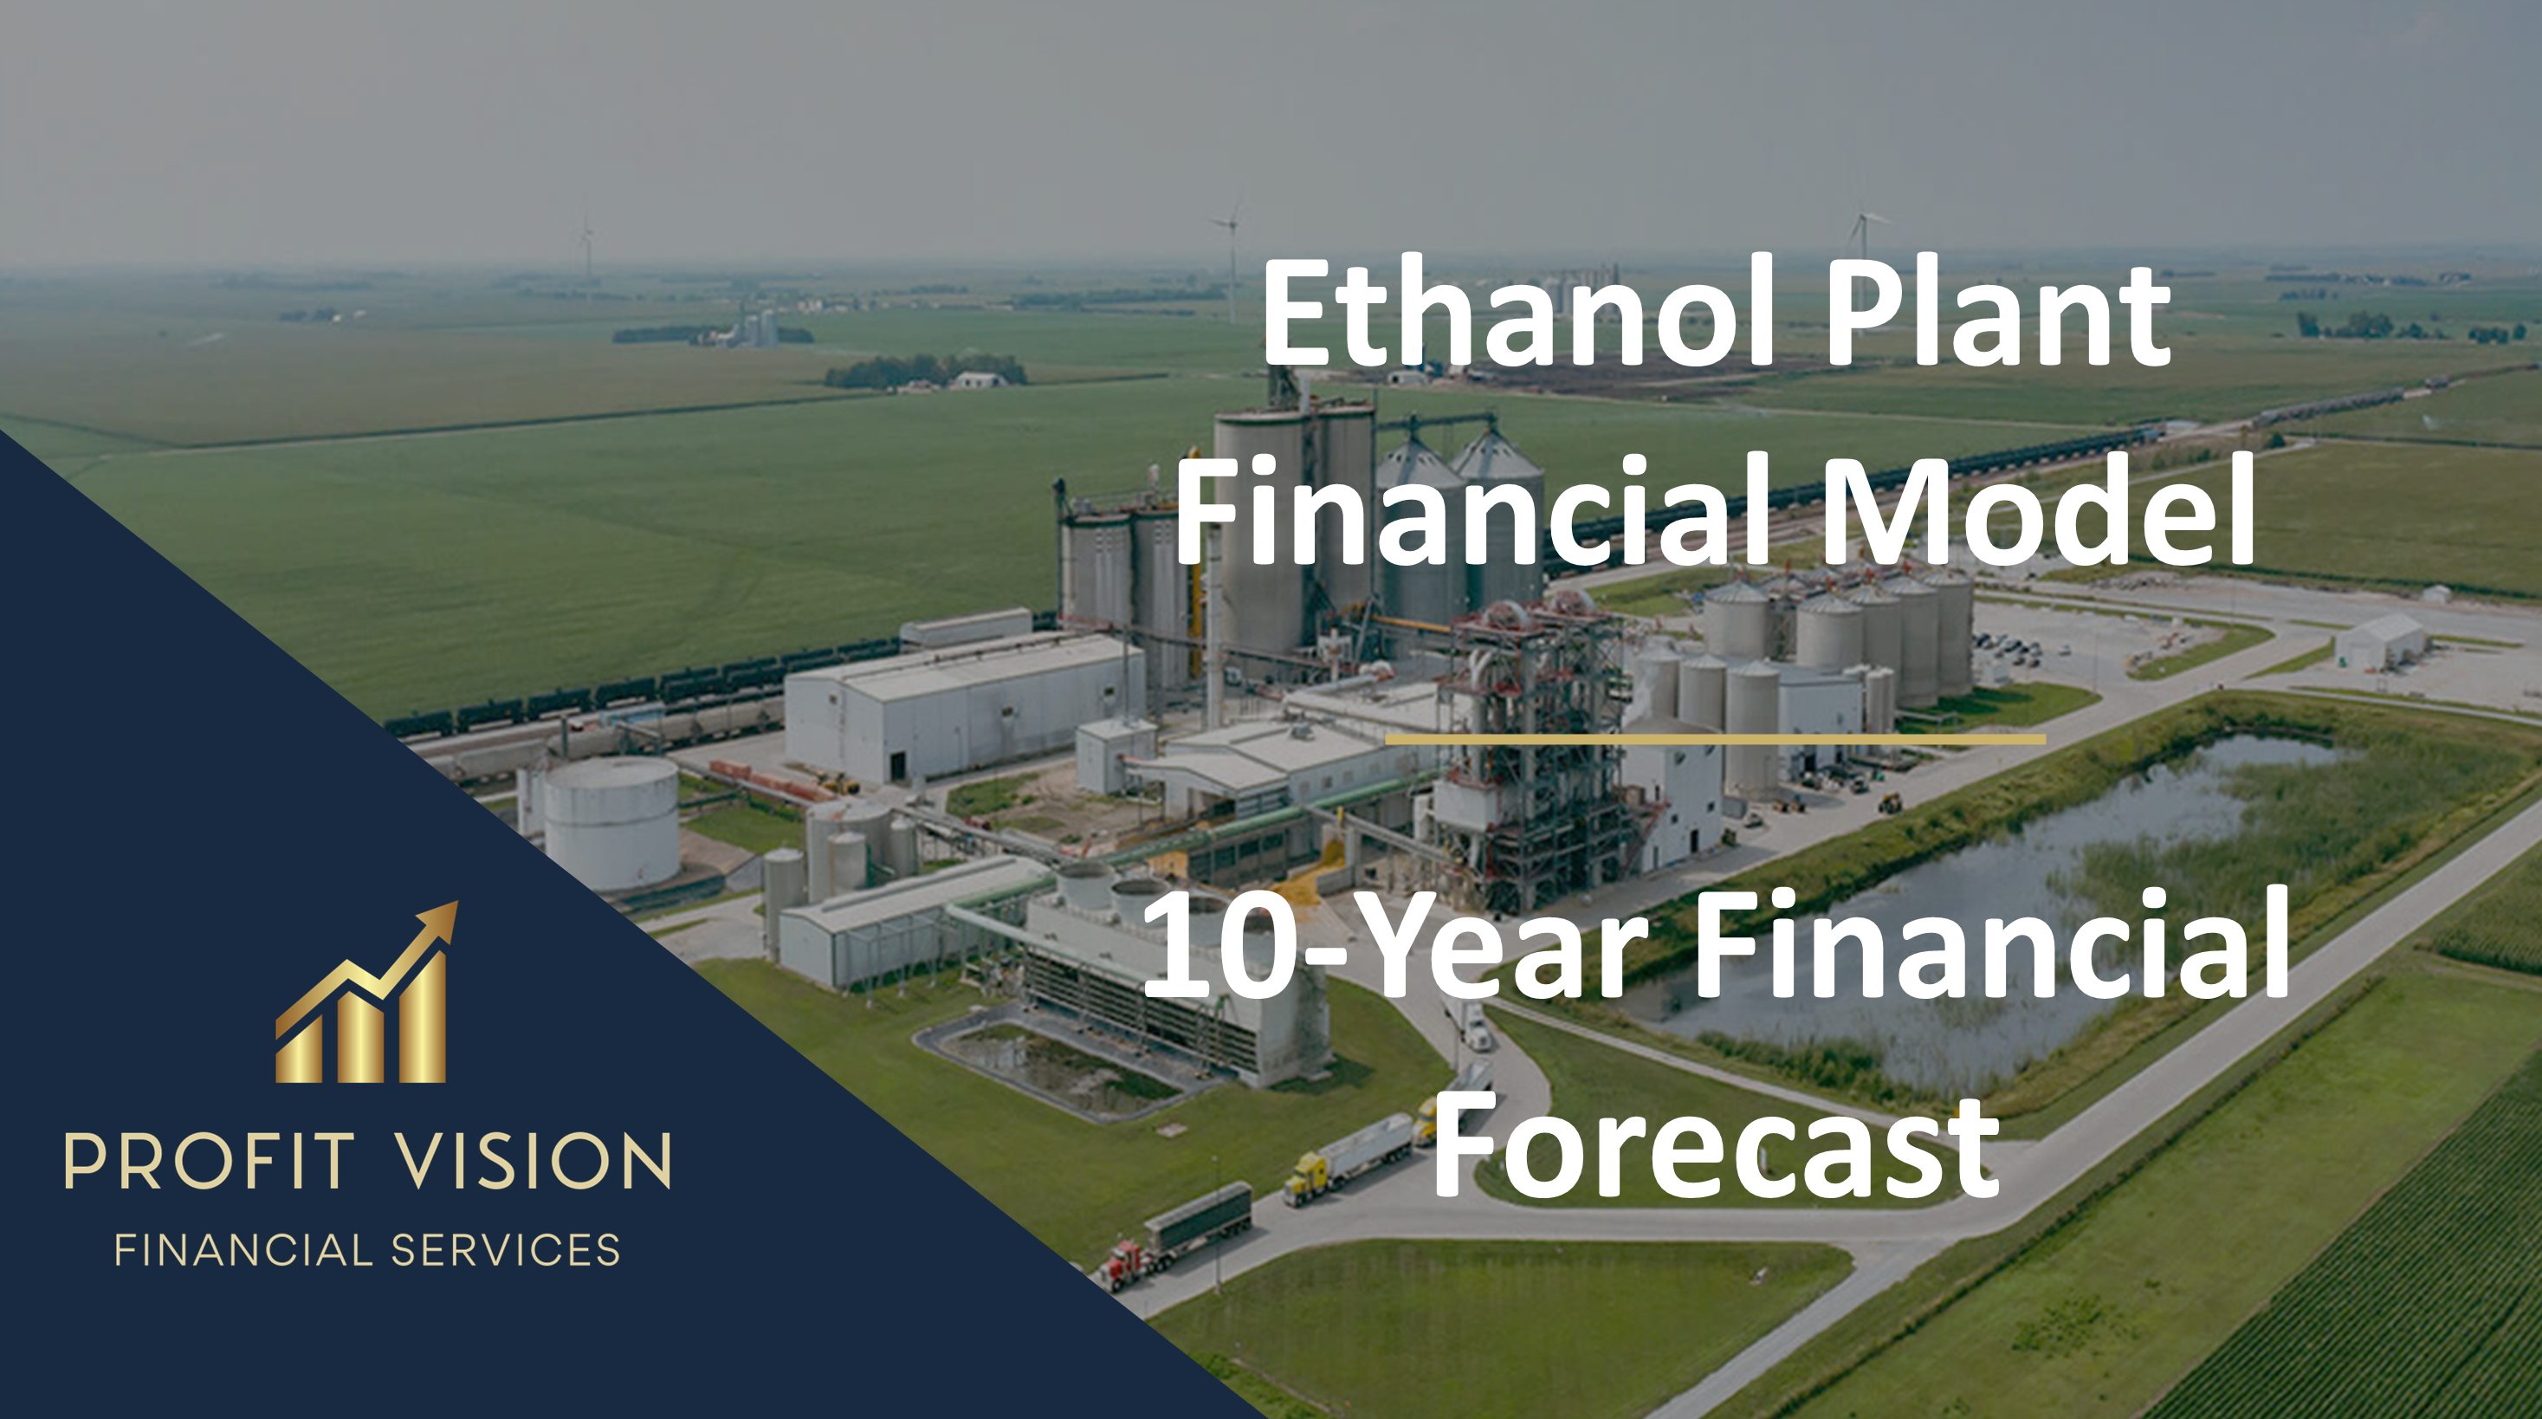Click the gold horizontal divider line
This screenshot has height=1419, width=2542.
pos(1715,738)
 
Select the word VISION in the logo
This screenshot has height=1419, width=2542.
pos(533,1161)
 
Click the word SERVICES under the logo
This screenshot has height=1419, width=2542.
pos(505,1250)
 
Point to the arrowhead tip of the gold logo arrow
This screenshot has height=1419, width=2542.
pos(457,902)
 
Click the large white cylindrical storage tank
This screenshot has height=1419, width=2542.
pos(611,825)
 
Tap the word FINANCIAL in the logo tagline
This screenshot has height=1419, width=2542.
pos(243,1250)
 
